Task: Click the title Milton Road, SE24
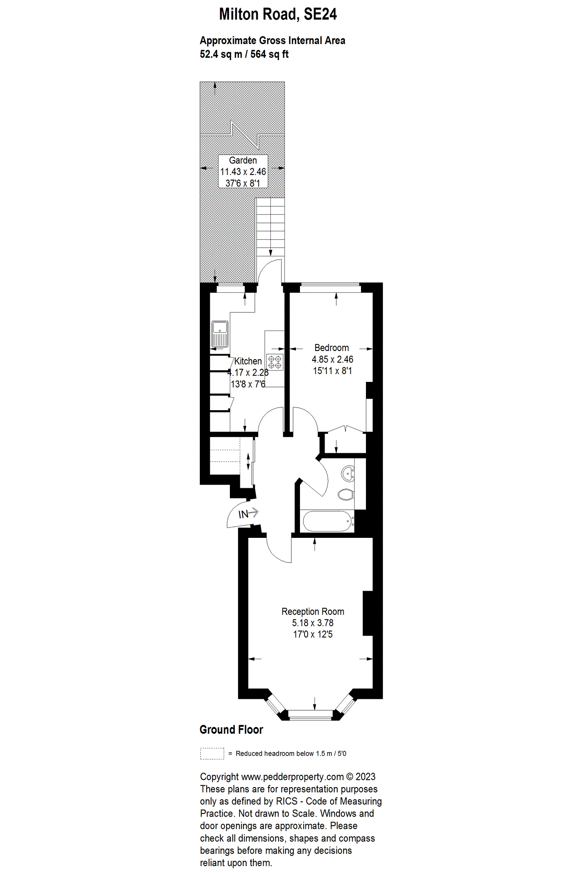[278, 15]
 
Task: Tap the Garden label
[243, 161]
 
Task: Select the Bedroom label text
[331, 348]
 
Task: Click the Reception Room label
[313, 612]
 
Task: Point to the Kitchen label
[248, 361]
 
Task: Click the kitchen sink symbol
[220, 334]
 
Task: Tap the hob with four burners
[275, 362]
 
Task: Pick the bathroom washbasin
[348, 473]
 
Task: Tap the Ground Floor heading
[231, 730]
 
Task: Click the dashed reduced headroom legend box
[212, 753]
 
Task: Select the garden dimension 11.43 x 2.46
[243, 172]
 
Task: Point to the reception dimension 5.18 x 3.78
[313, 623]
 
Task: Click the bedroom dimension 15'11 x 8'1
[332, 371]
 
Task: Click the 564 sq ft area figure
[269, 55]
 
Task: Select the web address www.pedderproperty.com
[292, 777]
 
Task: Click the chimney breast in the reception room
[368, 613]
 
